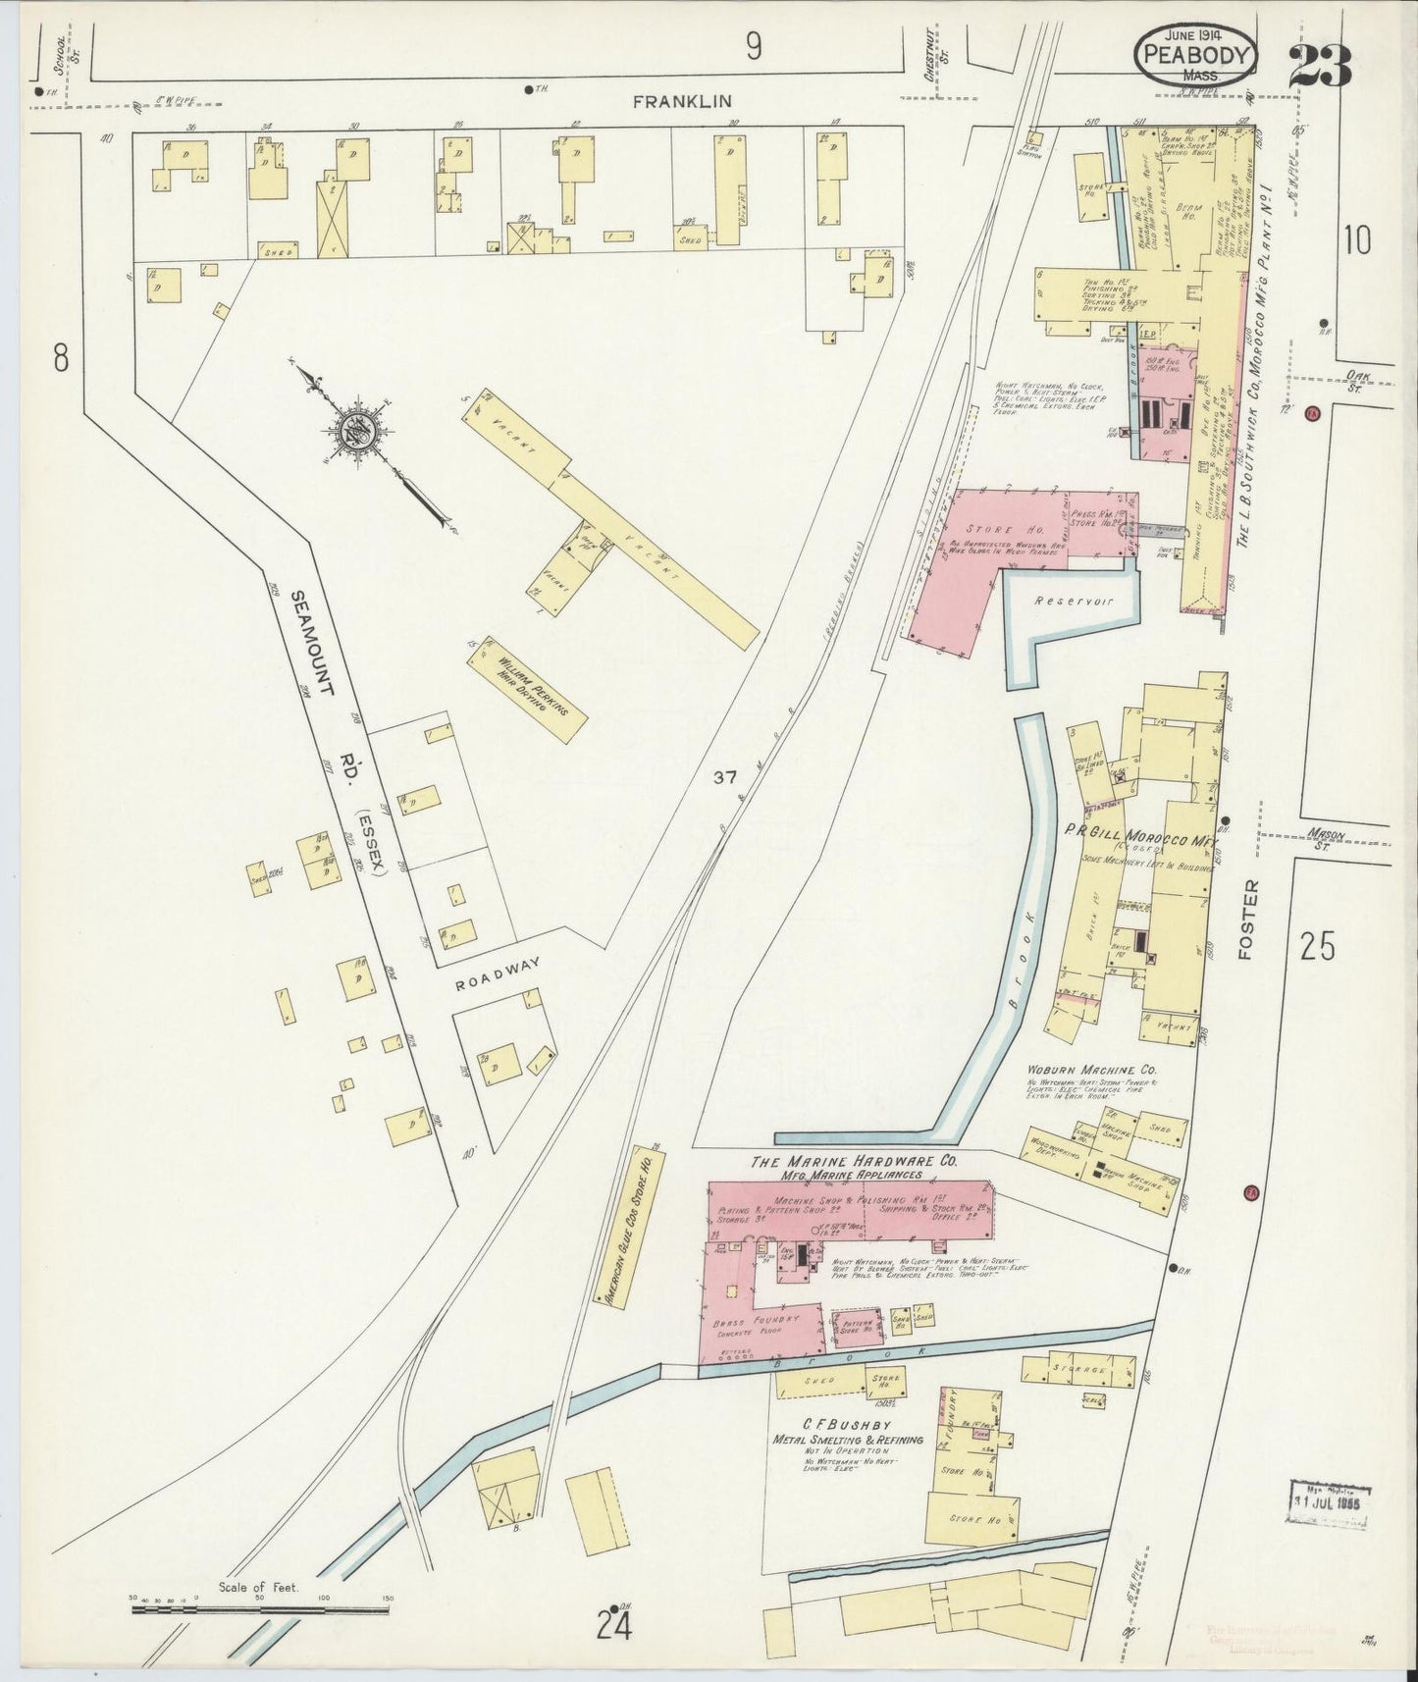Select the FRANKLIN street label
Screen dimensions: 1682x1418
[670, 100]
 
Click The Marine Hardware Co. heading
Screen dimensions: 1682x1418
[853, 1161]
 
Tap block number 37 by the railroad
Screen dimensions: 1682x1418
[724, 777]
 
